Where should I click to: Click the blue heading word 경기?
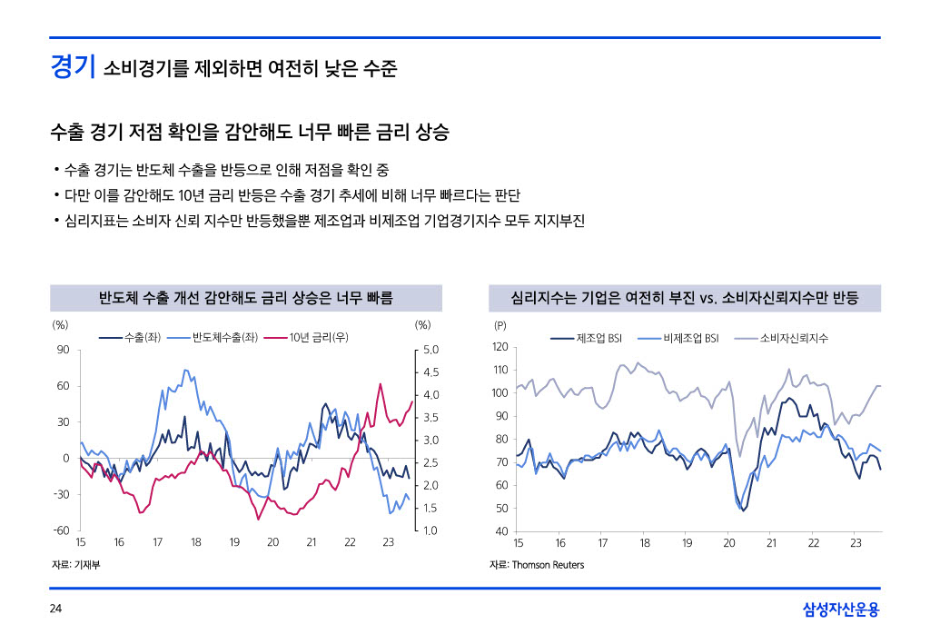tap(73, 66)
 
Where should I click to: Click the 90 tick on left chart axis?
tap(63, 350)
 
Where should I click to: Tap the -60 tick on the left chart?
tap(61, 530)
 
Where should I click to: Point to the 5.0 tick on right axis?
tap(431, 350)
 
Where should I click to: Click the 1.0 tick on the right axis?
tap(431, 530)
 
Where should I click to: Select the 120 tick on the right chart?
tap(500, 347)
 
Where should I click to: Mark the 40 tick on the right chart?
tap(502, 531)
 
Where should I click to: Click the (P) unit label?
tap(500, 324)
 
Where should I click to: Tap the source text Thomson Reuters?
tap(548, 565)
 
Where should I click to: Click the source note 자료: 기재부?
tap(74, 565)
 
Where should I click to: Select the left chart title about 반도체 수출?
tap(245, 297)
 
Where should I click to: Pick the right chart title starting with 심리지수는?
tap(685, 297)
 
